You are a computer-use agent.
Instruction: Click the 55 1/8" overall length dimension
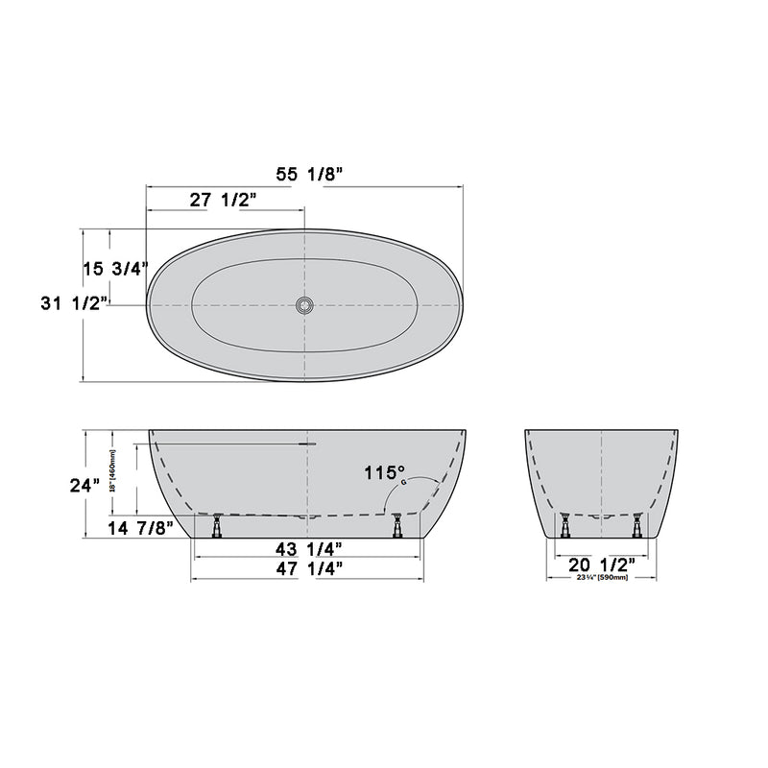(x=304, y=174)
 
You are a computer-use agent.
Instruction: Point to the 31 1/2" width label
(x=73, y=303)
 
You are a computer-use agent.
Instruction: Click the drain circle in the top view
(x=304, y=305)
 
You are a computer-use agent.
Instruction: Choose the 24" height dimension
(x=85, y=485)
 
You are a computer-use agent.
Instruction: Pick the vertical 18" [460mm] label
(x=112, y=472)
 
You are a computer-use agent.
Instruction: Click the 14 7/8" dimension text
(x=139, y=528)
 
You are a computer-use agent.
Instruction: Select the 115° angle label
(x=384, y=472)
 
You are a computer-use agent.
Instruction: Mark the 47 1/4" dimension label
(x=306, y=568)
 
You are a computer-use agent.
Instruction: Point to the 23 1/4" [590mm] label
(x=602, y=577)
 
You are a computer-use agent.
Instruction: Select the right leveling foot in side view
(x=396, y=525)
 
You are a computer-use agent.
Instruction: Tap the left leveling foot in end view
(x=565, y=525)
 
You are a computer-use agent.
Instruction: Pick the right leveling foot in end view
(x=637, y=525)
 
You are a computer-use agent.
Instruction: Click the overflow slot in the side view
(x=306, y=444)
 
